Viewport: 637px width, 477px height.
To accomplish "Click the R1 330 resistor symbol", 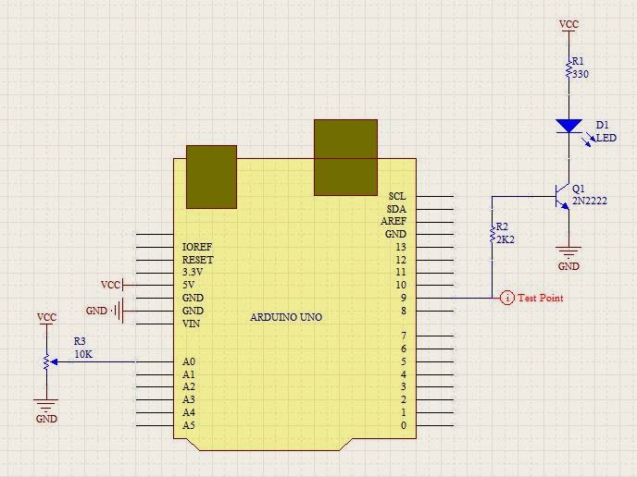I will [x=568, y=68].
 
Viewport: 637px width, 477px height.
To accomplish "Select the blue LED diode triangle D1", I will [x=568, y=126].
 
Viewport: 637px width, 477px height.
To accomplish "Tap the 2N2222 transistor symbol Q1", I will [x=560, y=195].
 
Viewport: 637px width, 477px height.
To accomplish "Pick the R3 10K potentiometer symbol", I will [x=46, y=361].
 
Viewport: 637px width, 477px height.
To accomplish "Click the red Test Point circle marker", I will [x=506, y=298].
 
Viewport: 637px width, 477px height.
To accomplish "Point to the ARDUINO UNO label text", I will [x=286, y=317].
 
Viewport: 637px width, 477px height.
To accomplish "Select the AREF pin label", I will [x=393, y=222].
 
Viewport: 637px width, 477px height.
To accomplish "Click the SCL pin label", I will [x=397, y=196].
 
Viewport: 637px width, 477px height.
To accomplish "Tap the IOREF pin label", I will [x=197, y=248].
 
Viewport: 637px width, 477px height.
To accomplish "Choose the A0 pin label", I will [x=189, y=361].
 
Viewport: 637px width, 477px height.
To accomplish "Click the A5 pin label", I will [x=189, y=425].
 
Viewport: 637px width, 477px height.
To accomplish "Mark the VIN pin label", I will [x=192, y=324].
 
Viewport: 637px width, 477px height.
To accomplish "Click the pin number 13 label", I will [x=400, y=247].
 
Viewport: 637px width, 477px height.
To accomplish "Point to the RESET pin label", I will [x=198, y=260].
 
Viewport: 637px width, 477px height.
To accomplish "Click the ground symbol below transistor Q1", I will [x=568, y=251].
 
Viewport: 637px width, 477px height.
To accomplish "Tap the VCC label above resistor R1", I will [x=569, y=25].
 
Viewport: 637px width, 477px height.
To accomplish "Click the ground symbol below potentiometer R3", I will [x=46, y=404].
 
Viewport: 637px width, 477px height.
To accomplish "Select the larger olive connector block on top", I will [x=345, y=157].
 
